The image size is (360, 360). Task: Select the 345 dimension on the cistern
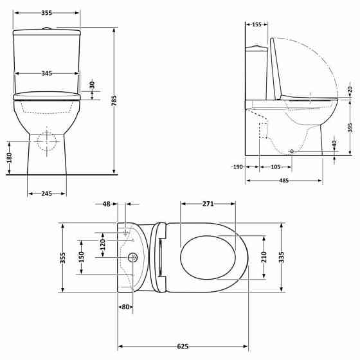46,73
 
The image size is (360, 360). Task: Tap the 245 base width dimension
46,194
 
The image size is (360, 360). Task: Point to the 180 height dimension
9,158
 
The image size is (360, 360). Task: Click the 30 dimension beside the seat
92,84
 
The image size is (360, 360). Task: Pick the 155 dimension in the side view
256,24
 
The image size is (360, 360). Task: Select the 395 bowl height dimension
350,127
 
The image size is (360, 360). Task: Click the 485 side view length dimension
283,181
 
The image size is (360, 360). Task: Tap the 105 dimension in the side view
275,167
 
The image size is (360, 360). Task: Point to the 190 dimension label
238,167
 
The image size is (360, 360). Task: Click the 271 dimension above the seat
208,204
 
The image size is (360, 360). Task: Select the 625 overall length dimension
183,346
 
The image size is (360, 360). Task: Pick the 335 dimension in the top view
281,258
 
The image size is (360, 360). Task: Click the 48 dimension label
107,204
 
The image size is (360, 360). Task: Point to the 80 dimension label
125,307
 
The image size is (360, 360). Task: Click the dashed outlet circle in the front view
46,141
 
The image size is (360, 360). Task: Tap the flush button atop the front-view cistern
47,28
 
